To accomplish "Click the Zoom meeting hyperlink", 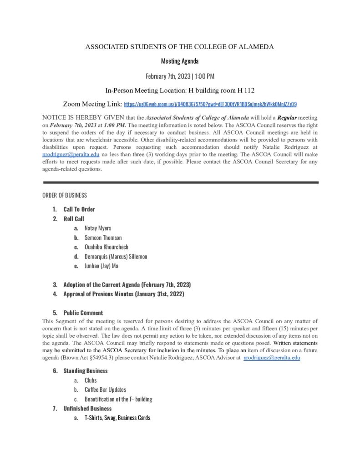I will pyautogui.click(x=210, y=104).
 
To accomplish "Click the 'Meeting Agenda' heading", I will pyautogui.click(x=180, y=61).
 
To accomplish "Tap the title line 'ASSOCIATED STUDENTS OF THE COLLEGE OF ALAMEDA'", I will pyautogui.click(x=180, y=47).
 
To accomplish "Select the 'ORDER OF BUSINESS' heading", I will pyautogui.click(x=64, y=195).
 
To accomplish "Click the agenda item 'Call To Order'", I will pyautogui.click(x=79, y=209).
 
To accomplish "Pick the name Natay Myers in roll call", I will pyautogui.click(x=98, y=228).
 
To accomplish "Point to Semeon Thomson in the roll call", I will pyautogui.click(x=103, y=238).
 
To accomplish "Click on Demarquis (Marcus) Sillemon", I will pyautogui.click(x=116, y=257).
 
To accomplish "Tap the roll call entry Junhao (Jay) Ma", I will pyautogui.click(x=101, y=266).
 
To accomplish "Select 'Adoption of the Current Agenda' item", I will pyautogui.click(x=127, y=285).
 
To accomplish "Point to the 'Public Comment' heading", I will pyautogui.click(x=83, y=313).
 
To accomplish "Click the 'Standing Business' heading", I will pyautogui.click(x=86, y=371).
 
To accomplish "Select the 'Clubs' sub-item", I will pyautogui.click(x=91, y=380).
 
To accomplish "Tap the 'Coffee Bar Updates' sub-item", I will pyautogui.click(x=105, y=390).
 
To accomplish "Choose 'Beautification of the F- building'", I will pyautogui.click(x=118, y=399).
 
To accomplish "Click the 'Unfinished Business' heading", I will pyautogui.click(x=87, y=408).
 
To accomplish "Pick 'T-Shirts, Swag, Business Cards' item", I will pyautogui.click(x=117, y=418).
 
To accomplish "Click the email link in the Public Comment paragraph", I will pyautogui.click(x=272, y=358).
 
